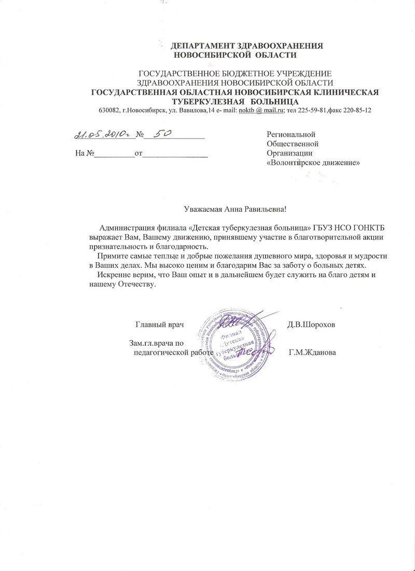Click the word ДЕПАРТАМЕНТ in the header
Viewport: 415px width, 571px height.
pos(199,46)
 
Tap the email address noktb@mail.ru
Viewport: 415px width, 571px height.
pos(261,110)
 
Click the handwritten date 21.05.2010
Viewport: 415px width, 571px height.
pos(103,135)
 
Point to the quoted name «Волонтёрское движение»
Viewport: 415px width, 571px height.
pos(313,162)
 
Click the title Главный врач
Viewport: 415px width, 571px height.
pos(160,324)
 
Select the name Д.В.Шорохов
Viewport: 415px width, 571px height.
pos(311,324)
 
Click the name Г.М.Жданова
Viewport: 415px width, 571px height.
pos(312,352)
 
